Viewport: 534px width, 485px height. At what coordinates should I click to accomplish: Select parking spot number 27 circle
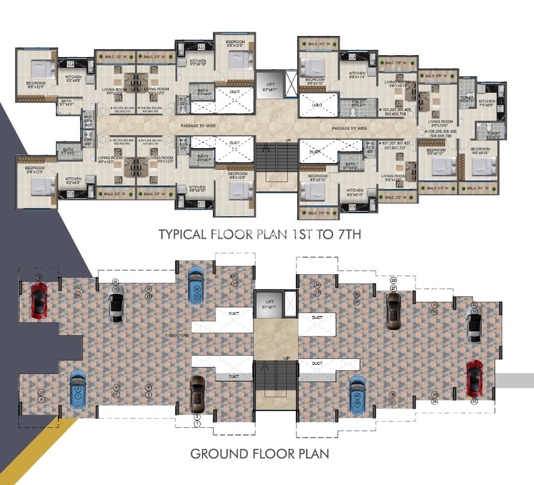point(394,288)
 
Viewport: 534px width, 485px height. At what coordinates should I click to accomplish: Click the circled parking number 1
point(197,424)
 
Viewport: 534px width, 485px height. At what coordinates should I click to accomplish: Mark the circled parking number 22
point(234,276)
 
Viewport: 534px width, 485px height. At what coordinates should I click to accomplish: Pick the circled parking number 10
point(41,393)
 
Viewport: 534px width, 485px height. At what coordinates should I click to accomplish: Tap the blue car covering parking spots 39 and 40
point(357,395)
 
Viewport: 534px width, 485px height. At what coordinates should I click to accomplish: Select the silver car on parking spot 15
point(116,303)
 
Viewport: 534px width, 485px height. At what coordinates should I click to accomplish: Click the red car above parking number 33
point(474,378)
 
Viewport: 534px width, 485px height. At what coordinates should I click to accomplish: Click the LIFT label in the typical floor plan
point(268,82)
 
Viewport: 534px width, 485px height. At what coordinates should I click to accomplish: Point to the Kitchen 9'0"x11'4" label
point(357,75)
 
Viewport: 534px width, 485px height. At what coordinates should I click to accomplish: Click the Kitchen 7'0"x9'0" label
point(487,103)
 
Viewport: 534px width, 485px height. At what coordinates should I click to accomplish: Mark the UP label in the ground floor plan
point(286,358)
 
